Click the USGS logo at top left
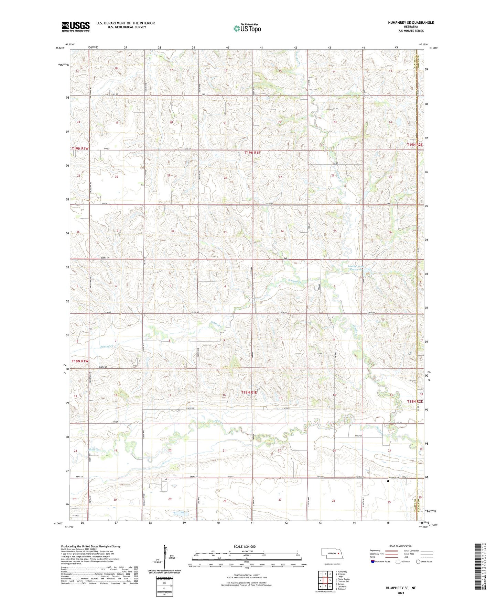point(76,26)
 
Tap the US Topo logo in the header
point(247,28)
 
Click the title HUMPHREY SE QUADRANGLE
point(411,23)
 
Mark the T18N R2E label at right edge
point(415,401)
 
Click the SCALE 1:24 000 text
point(245,546)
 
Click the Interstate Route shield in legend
point(373,562)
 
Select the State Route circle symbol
point(418,562)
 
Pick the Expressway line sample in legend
point(392,551)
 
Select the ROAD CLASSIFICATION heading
point(400,546)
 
